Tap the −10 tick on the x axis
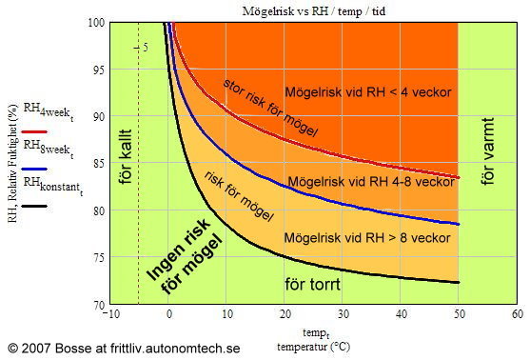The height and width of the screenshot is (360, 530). pyautogui.click(x=111, y=314)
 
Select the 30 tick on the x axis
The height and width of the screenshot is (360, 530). pyautogui.click(x=343, y=314)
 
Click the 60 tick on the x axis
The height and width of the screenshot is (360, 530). pyautogui.click(x=516, y=314)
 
